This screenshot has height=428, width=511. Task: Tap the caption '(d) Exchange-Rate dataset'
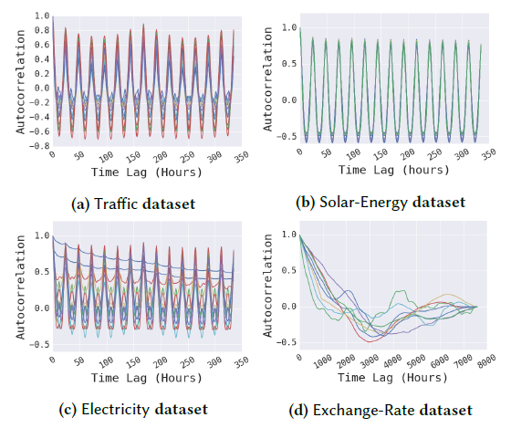[x=382, y=408]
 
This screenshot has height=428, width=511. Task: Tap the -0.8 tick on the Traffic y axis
[x=35, y=145]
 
